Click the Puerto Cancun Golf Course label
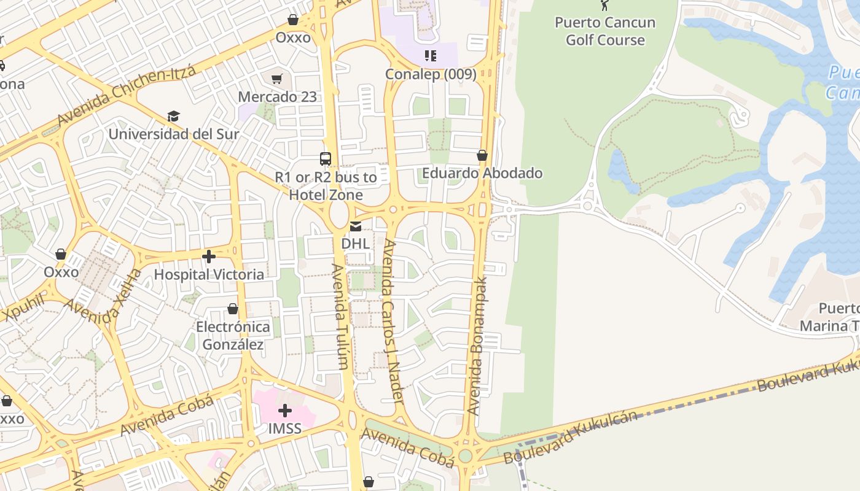605,31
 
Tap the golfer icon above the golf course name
605,6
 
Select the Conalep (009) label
431,74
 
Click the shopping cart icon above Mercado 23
277,79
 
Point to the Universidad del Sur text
174,134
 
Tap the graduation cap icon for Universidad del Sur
174,116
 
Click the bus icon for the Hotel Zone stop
326,159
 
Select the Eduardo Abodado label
482,173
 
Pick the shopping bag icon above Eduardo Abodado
482,155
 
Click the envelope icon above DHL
356,226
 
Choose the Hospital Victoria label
209,274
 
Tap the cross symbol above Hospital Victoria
209,257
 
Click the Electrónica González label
233,336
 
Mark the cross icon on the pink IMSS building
285,410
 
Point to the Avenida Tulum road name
340,316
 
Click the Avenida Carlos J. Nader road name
393,321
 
